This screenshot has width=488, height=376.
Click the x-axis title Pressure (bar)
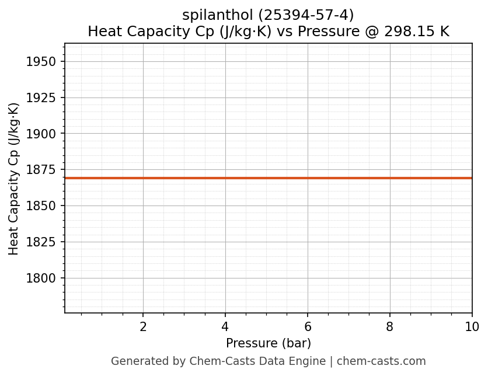269,343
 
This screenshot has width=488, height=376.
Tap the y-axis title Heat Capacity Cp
14,179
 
